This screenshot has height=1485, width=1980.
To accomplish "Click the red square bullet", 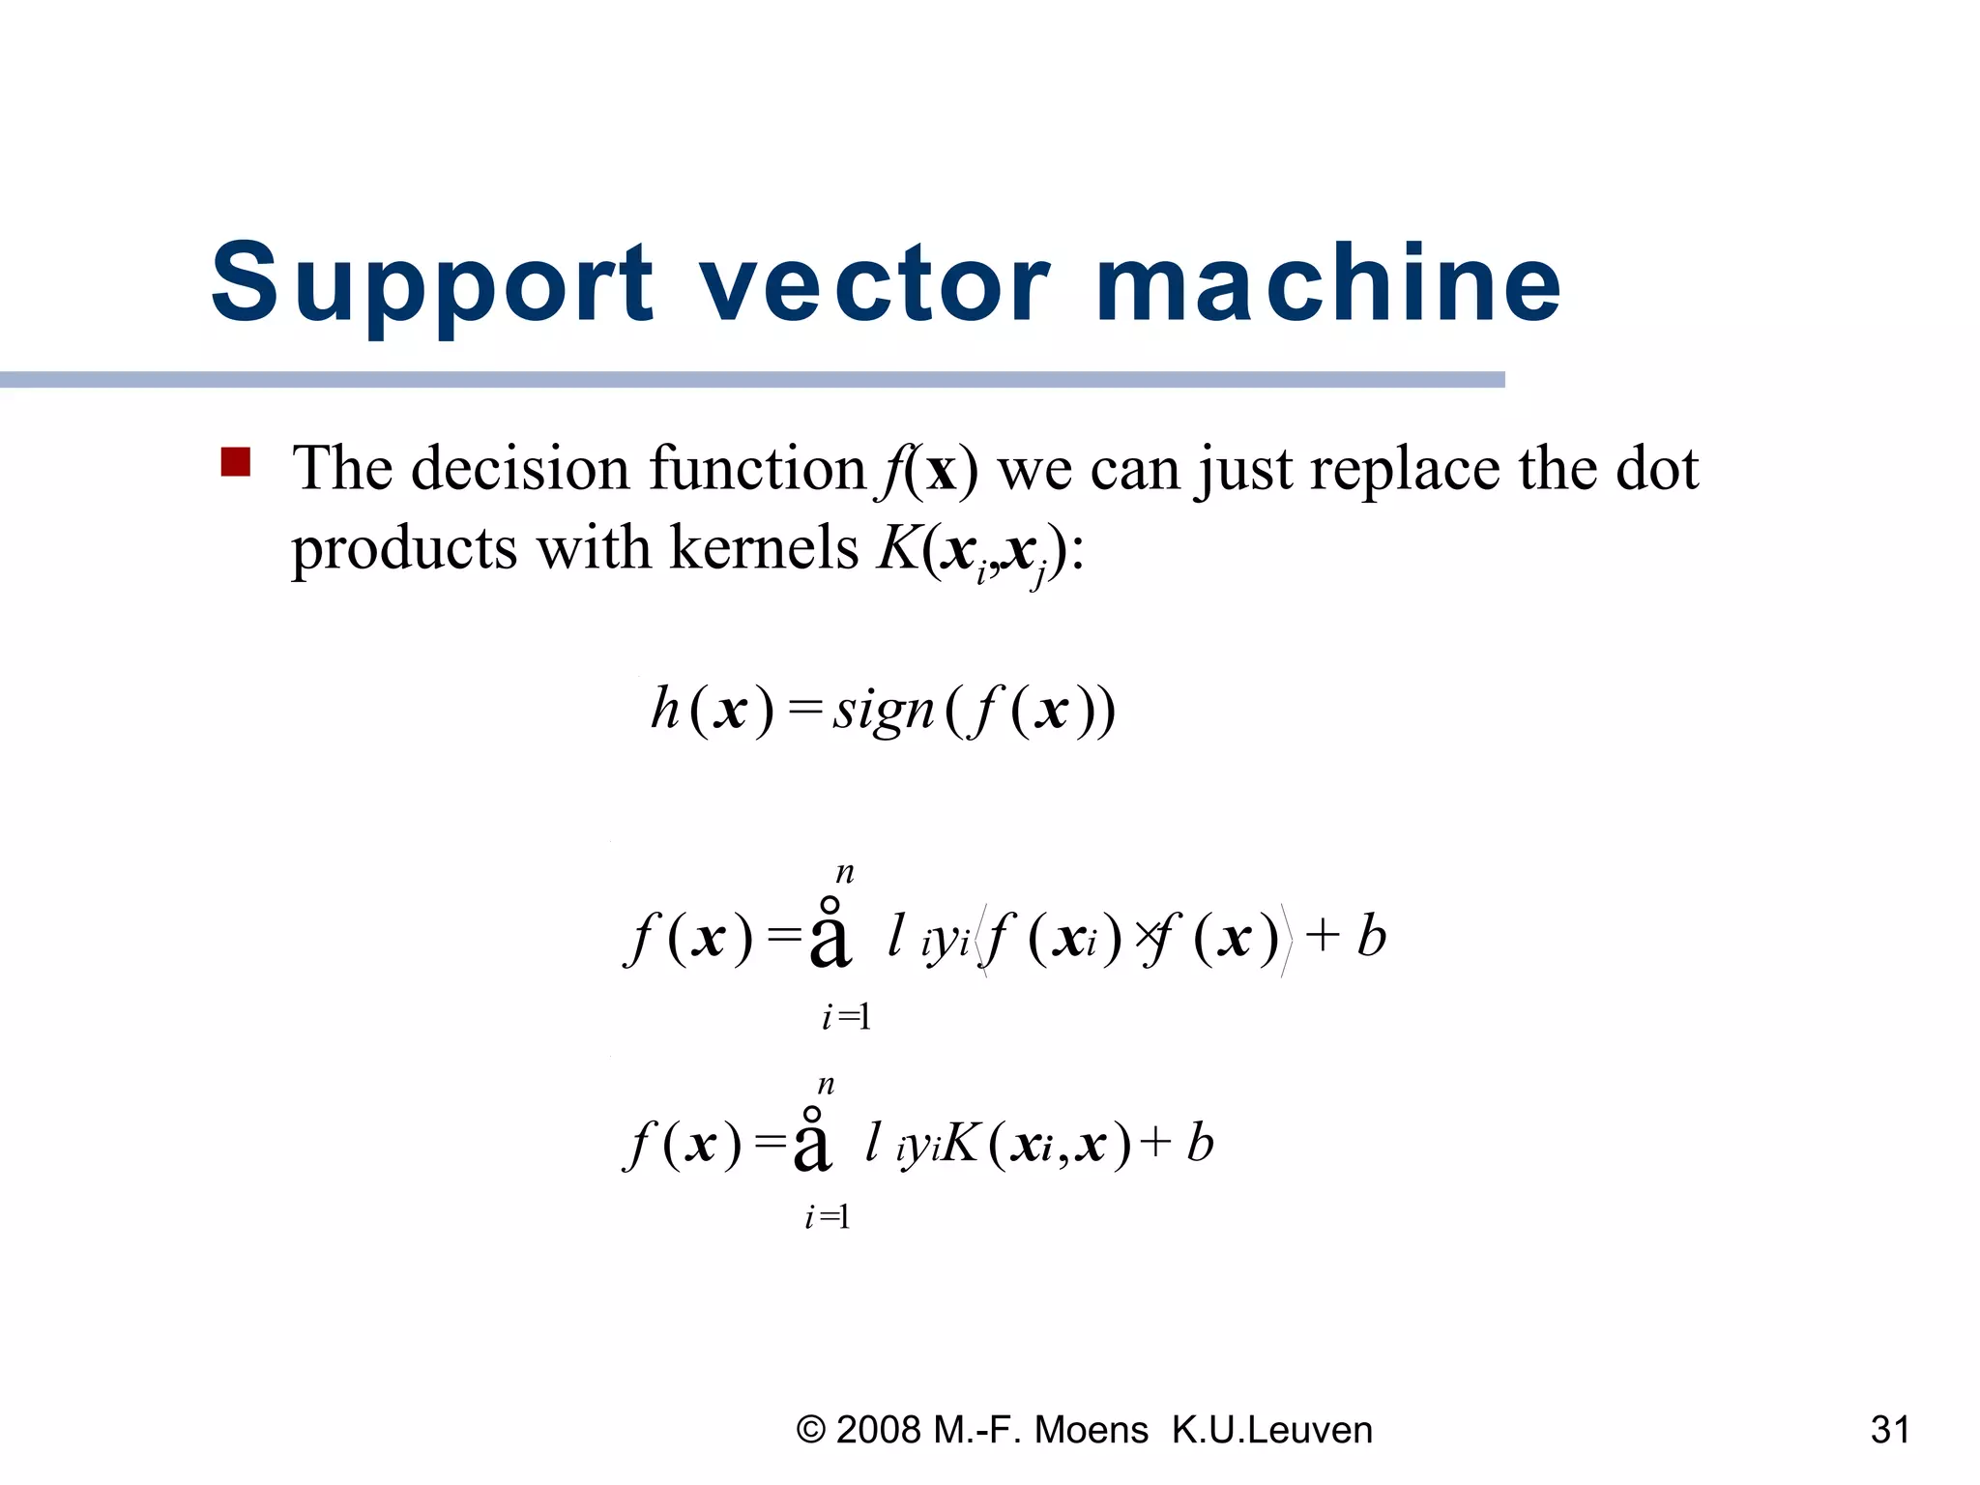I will [x=236, y=462].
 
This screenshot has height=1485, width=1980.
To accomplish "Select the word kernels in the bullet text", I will [x=763, y=549].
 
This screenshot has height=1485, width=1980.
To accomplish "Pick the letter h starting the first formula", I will [x=665, y=709].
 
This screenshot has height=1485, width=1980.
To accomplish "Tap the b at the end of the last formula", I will [x=1200, y=1143].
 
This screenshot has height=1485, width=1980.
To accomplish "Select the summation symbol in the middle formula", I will [x=830, y=934].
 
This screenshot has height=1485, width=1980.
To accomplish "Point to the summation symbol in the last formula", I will [x=812, y=1142].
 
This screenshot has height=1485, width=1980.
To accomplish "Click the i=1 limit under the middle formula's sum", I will [x=847, y=1017].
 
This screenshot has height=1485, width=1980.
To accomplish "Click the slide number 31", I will [x=1890, y=1430].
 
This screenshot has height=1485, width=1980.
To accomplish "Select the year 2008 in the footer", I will [x=879, y=1430].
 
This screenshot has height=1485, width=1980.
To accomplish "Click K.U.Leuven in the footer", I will [x=1272, y=1430].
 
